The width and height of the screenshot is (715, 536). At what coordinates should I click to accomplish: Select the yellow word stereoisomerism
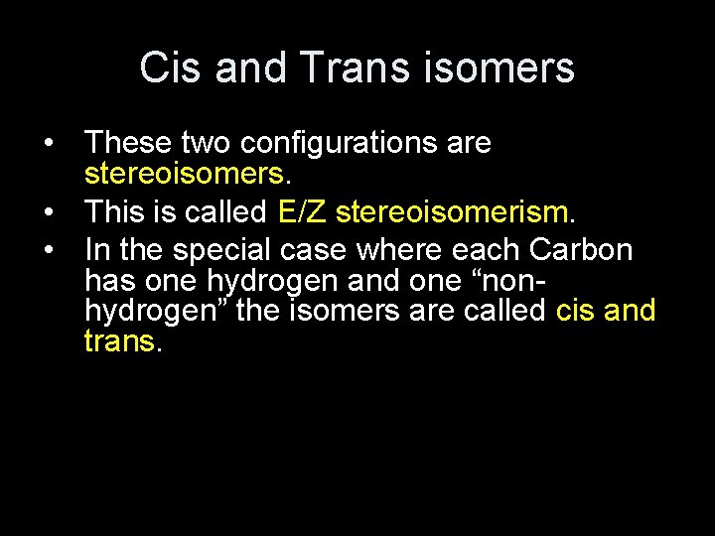coord(452,211)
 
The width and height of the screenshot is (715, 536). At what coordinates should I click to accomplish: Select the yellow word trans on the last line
coord(119,342)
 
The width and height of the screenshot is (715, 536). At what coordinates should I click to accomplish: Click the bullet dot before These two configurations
coord(49,143)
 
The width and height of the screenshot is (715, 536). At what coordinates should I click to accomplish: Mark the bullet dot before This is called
coord(49,211)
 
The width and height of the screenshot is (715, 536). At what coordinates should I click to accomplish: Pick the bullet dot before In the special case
coord(49,248)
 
